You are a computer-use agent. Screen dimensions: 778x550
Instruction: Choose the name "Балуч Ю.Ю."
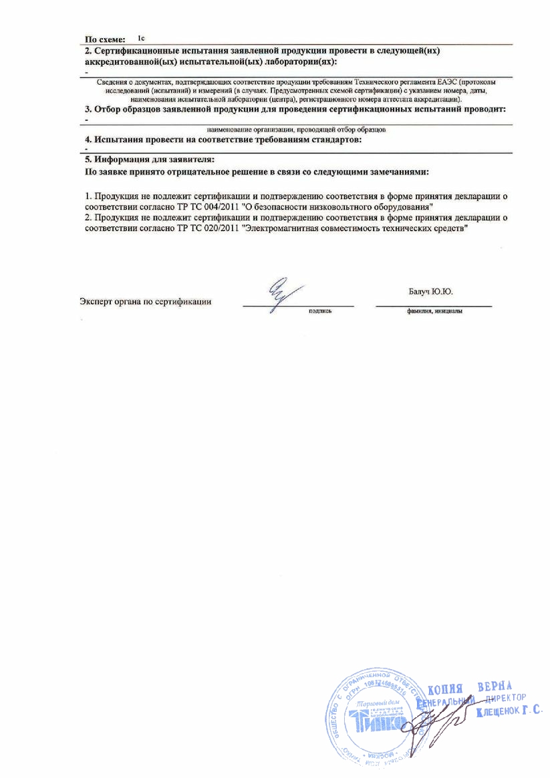pyautogui.click(x=435, y=291)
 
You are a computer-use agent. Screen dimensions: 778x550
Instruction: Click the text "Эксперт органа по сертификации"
pyautogui.click(x=145, y=301)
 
